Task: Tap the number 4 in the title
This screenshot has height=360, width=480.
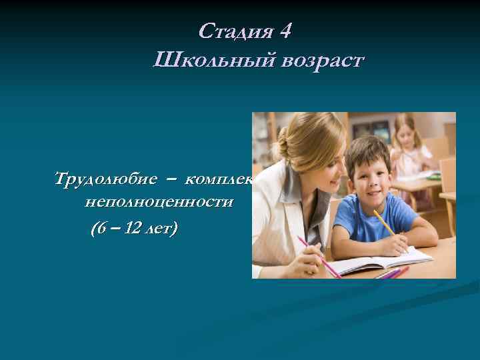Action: point(284,31)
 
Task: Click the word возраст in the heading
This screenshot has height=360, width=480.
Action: point(322,61)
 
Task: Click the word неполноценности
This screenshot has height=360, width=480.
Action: point(159,202)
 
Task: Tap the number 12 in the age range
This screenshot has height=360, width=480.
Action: point(133,229)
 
